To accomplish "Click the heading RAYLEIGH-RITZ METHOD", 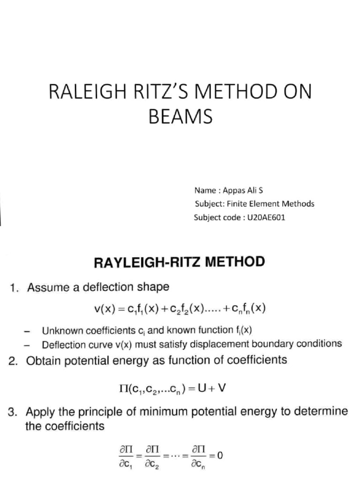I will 180,262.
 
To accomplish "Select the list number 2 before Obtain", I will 13,360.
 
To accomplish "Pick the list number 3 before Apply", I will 13,412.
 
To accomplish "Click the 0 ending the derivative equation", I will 219,454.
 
